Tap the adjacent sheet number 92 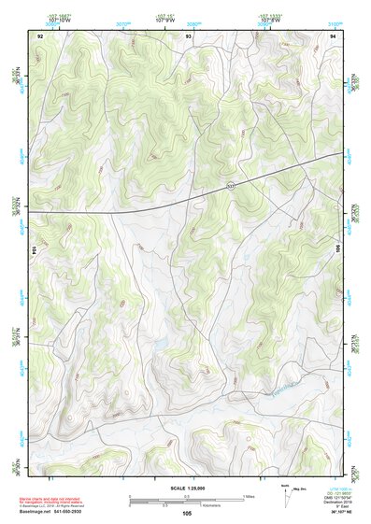tap(40, 35)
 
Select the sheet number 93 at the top tap(189, 35)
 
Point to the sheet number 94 tap(334, 35)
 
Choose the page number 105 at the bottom tap(187, 513)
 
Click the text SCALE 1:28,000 tap(187, 488)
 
